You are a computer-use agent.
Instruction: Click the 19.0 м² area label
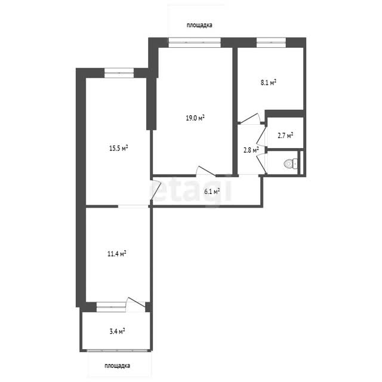click(195, 118)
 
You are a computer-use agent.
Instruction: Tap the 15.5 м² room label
click(119, 148)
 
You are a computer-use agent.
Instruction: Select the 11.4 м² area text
click(117, 254)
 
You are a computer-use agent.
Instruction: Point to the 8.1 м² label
click(269, 82)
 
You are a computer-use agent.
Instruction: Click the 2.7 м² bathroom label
click(285, 135)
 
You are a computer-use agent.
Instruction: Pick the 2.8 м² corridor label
click(251, 150)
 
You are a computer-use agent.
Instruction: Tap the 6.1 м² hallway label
click(212, 192)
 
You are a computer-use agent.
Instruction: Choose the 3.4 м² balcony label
click(118, 332)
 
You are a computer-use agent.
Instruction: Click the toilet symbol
click(291, 163)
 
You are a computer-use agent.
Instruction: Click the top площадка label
click(199, 25)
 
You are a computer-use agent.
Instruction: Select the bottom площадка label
click(117, 366)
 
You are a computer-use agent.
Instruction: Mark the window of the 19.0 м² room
click(195, 42)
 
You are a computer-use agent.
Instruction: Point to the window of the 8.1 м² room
click(271, 42)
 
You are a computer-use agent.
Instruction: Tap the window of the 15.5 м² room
click(119, 73)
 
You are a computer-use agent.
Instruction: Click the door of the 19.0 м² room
click(206, 171)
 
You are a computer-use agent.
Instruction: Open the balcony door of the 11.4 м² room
click(135, 304)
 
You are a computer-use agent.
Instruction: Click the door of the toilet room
click(261, 164)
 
